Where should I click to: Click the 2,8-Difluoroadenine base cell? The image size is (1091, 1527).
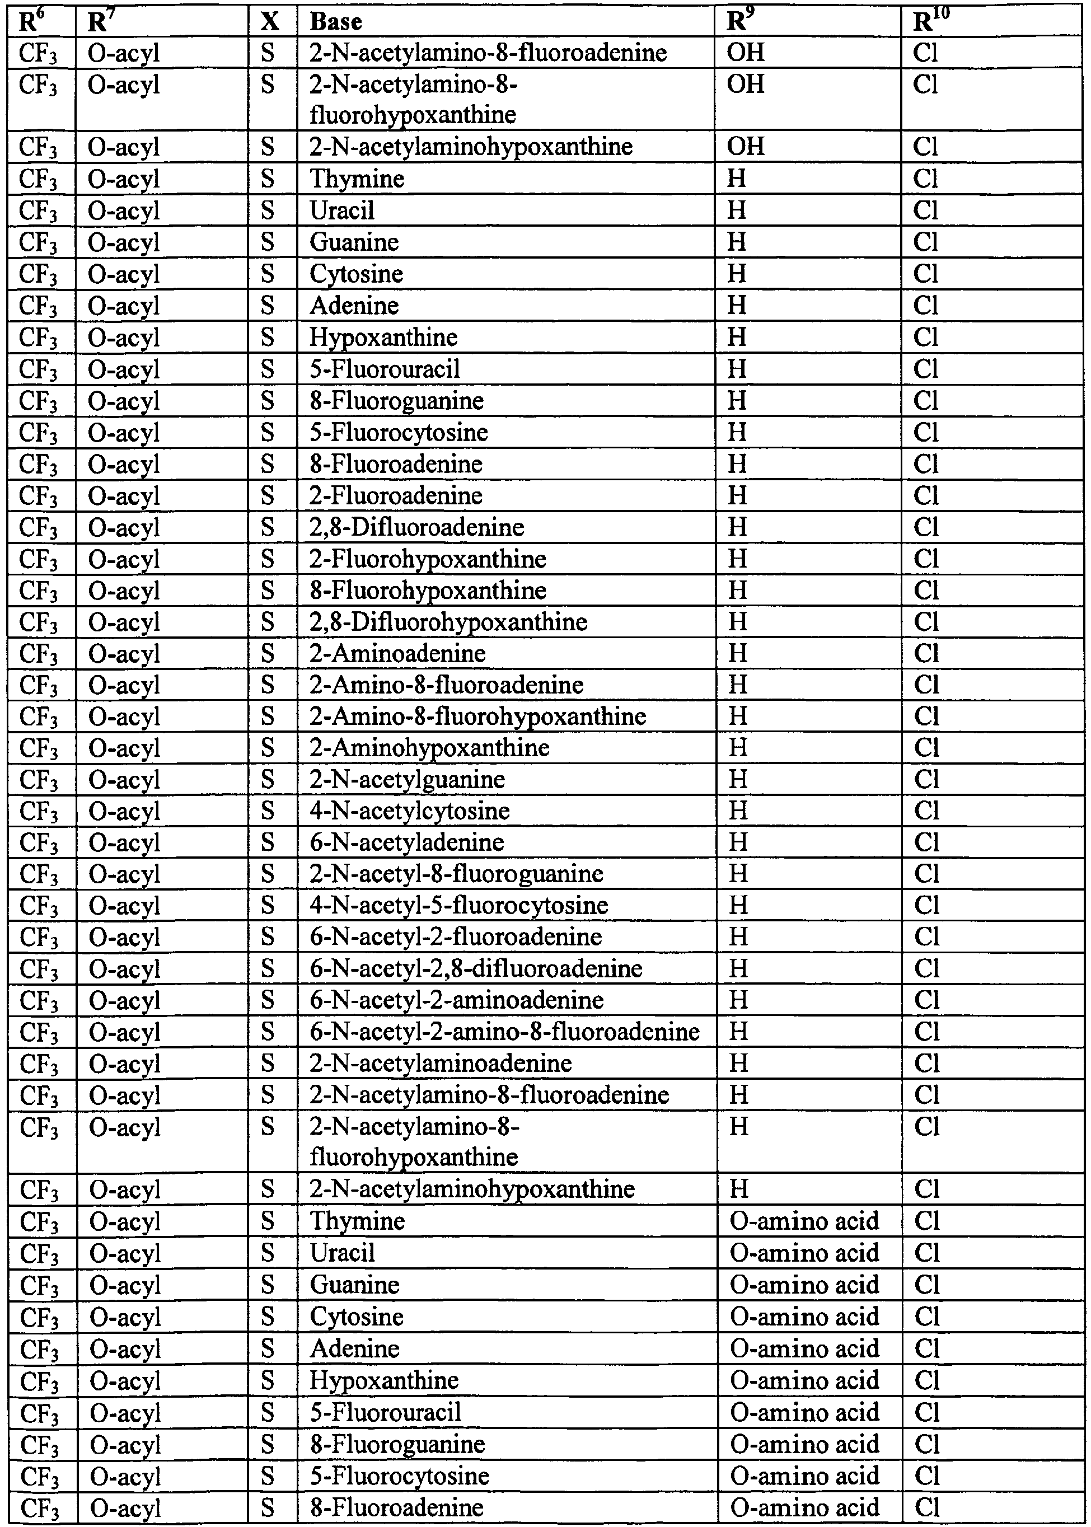[416, 527]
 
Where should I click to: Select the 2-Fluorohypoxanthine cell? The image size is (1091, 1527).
[428, 559]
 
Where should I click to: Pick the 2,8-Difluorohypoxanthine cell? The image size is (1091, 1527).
[448, 622]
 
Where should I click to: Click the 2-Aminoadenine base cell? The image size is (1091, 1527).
[397, 654]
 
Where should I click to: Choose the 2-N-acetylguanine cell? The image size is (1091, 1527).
[407, 780]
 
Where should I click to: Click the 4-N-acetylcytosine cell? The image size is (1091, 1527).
[409, 812]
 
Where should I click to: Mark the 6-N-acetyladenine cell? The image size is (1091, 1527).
[406, 842]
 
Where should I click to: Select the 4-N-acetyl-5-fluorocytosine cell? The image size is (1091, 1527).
[459, 906]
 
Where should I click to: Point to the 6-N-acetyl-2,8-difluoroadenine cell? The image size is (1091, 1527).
[476, 969]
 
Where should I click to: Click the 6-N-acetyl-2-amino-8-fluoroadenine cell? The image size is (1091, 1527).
[504, 1032]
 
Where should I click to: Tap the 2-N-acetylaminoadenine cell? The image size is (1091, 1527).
[441, 1064]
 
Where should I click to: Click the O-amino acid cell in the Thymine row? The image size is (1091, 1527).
[804, 1221]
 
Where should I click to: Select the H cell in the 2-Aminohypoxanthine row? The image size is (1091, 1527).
[738, 748]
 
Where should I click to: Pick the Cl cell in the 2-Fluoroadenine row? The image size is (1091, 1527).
[926, 496]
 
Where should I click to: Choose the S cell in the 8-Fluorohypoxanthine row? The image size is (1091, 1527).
[268, 591]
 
